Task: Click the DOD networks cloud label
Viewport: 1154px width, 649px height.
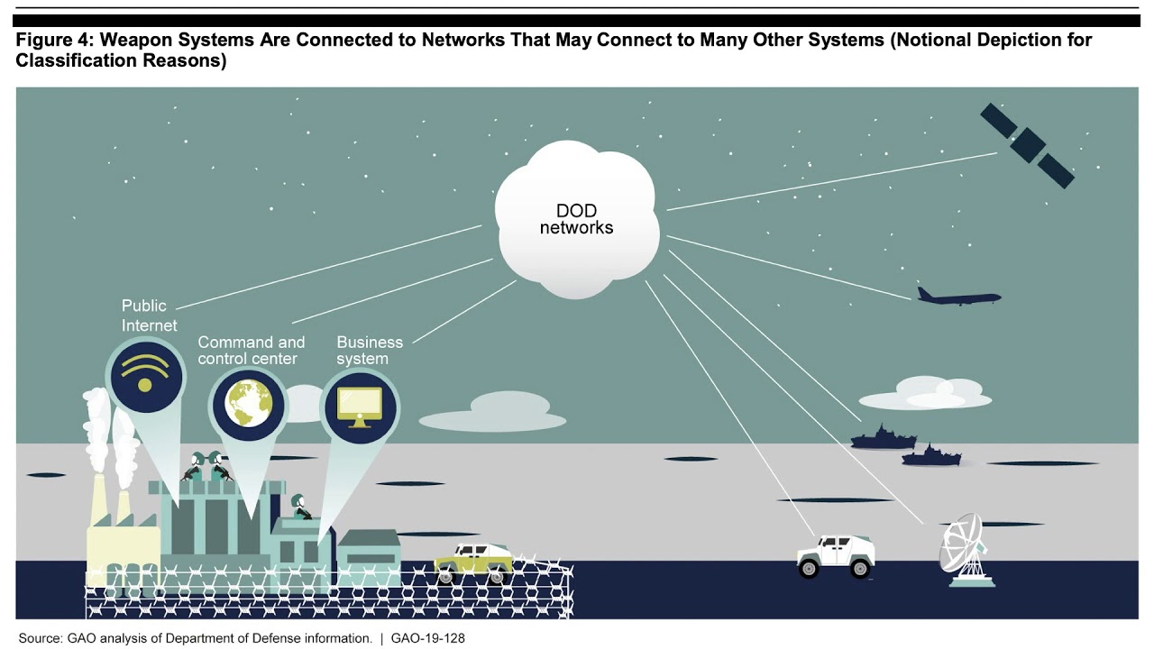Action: point(576,219)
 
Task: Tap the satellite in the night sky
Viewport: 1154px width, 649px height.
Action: point(1027,145)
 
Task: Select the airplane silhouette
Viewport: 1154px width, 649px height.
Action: point(957,297)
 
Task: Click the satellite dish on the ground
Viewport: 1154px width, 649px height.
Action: point(964,549)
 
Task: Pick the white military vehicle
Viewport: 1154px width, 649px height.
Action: point(836,554)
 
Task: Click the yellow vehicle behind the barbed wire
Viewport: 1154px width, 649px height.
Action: point(473,560)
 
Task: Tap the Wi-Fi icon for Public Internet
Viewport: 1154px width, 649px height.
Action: point(145,374)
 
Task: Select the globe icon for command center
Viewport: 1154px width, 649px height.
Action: point(248,404)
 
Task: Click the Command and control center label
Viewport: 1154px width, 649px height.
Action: point(251,351)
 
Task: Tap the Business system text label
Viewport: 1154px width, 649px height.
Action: point(369,351)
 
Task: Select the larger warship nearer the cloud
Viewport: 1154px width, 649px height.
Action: point(883,439)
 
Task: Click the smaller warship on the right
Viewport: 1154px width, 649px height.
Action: point(931,456)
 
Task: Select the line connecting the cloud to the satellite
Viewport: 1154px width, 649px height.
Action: point(829,181)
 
